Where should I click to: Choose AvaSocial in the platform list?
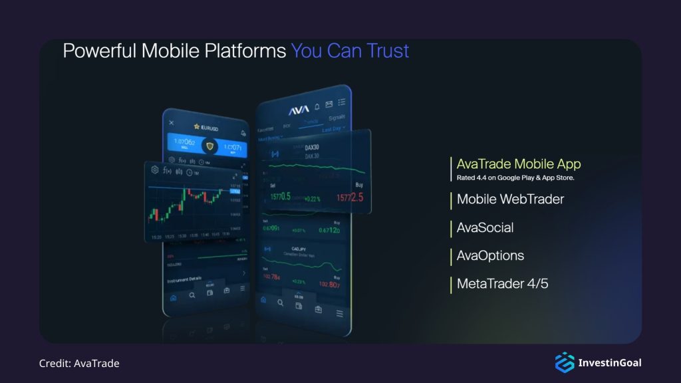(485, 227)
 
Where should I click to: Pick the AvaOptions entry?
(490, 255)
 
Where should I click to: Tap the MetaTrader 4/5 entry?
(502, 284)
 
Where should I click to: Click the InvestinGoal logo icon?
(564, 362)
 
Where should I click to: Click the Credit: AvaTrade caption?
(79, 363)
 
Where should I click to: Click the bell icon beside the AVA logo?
(317, 106)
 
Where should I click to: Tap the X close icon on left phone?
(172, 123)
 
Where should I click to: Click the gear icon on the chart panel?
(155, 170)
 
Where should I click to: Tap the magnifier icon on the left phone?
(192, 295)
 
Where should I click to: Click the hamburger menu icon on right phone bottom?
(339, 313)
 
